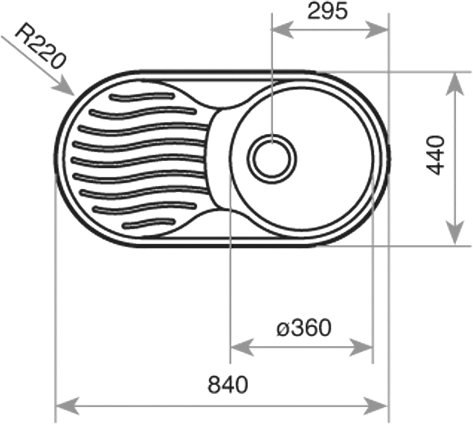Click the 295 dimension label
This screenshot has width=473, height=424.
[327, 11]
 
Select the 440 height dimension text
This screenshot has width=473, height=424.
[436, 155]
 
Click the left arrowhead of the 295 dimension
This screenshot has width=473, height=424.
[282, 30]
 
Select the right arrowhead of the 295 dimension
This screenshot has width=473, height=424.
[377, 30]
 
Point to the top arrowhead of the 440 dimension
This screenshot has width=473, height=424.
[455, 84]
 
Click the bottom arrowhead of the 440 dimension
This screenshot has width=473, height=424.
[455, 233]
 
